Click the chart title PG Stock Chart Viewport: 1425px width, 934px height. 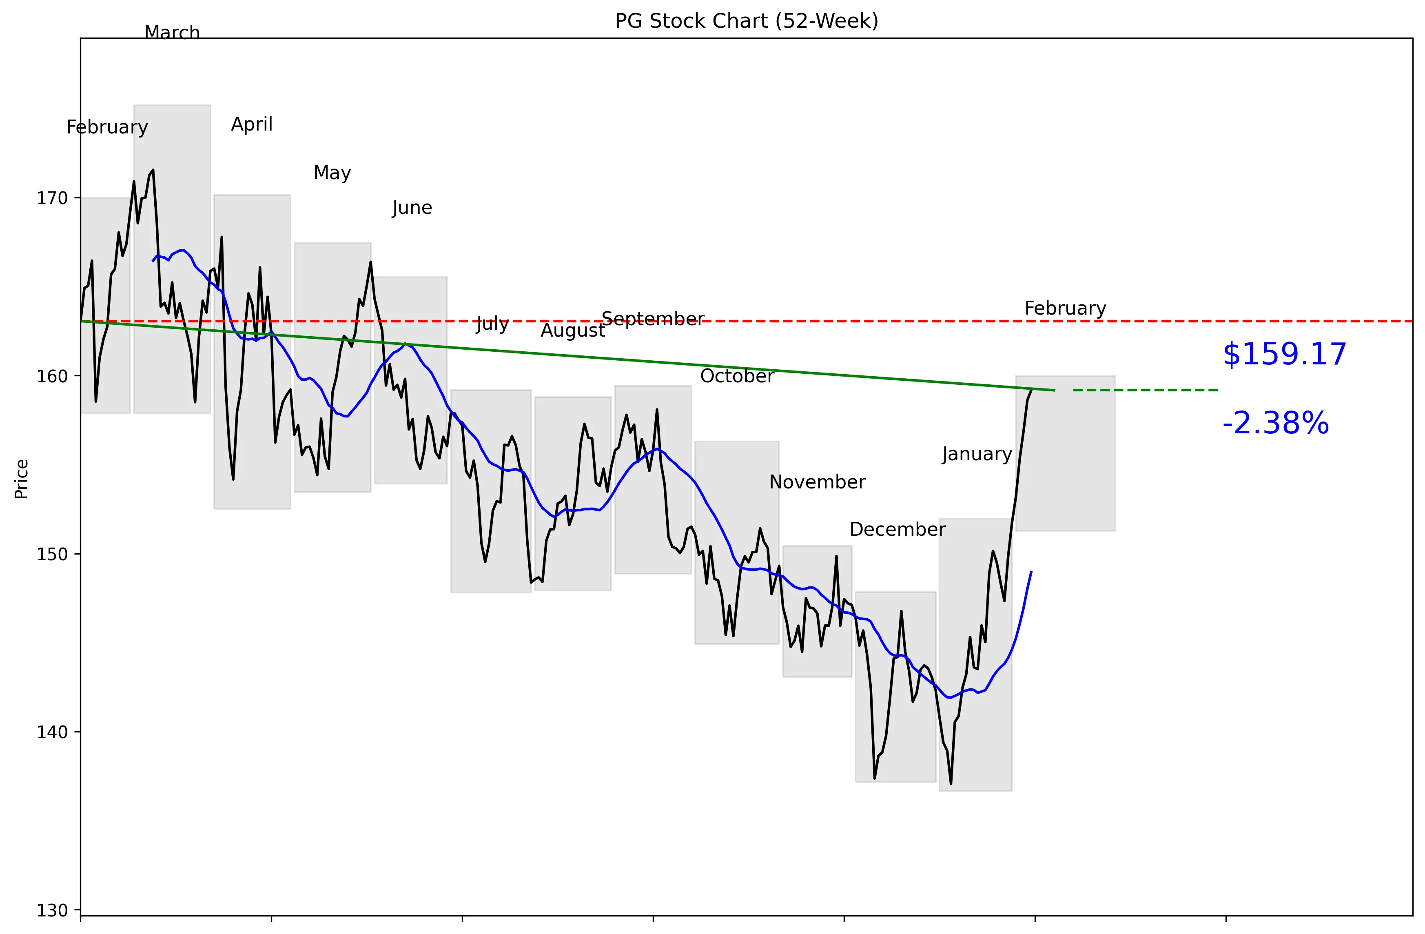pyautogui.click(x=746, y=21)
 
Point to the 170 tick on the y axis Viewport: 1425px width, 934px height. pyautogui.click(x=52, y=198)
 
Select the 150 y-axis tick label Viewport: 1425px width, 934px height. pyautogui.click(x=52, y=555)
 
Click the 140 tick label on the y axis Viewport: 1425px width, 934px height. pyautogui.click(x=52, y=732)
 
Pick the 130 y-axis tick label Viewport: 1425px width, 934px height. pyautogui.click(x=52, y=911)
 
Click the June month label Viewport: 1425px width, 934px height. pyautogui.click(x=412, y=208)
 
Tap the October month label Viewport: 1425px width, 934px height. pyautogui.click(x=737, y=376)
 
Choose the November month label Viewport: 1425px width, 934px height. pyautogui.click(x=817, y=482)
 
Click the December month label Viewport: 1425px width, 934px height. pyautogui.click(x=897, y=529)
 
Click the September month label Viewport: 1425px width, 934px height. pyautogui.click(x=653, y=319)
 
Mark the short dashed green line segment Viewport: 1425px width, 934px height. pyautogui.click(x=1147, y=390)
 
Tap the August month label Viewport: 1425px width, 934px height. pyautogui.click(x=573, y=331)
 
